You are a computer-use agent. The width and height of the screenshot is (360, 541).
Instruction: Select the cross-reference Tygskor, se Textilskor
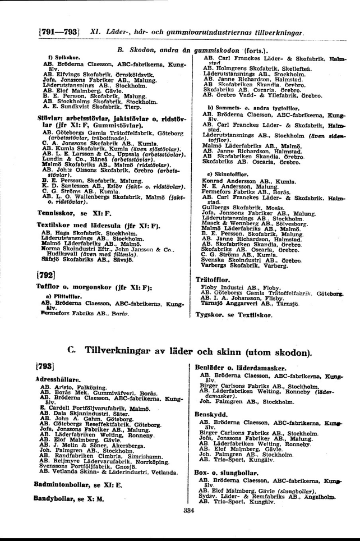click(x=233, y=315)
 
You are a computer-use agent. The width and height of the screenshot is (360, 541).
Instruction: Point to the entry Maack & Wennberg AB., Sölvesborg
click(x=250, y=224)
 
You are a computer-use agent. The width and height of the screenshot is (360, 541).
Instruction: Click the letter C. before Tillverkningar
click(x=70, y=350)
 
